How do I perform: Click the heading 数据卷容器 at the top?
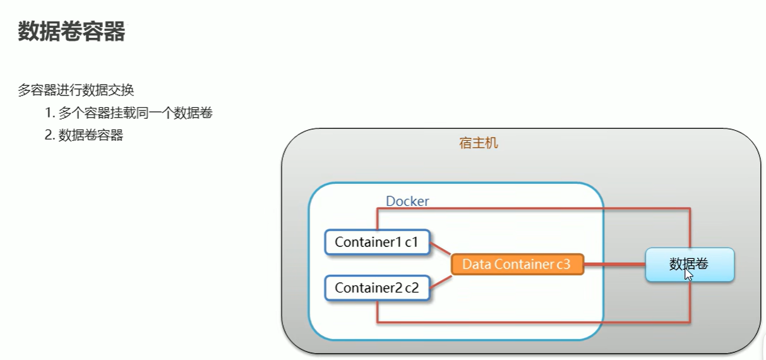71,31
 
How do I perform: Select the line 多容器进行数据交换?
76,90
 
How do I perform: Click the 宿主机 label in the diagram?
478,143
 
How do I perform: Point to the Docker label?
407,201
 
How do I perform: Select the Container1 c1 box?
377,242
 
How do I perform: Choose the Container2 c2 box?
377,288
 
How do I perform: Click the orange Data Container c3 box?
517,265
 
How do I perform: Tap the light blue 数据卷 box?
689,264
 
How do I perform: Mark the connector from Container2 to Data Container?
440,282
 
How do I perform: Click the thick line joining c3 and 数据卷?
614,265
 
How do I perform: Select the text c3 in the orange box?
562,265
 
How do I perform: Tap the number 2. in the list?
50,135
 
